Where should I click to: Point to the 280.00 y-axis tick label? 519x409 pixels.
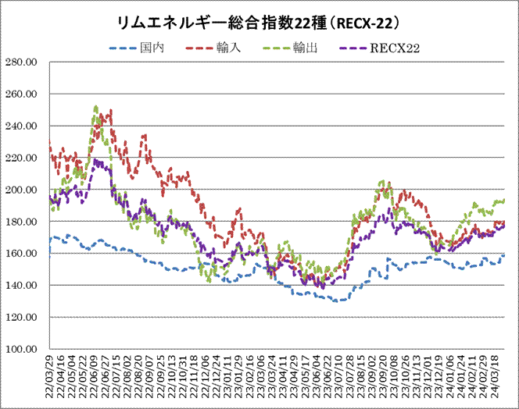coord(23,62)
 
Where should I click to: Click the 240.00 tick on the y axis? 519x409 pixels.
coord(23,126)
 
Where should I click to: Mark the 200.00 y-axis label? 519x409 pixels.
coord(23,190)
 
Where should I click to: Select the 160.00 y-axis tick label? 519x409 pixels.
coord(23,254)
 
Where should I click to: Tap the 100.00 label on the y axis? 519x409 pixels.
coord(23,349)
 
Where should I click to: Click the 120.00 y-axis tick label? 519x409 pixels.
coord(23,317)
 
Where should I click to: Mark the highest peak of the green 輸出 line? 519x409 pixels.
coord(95,107)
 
